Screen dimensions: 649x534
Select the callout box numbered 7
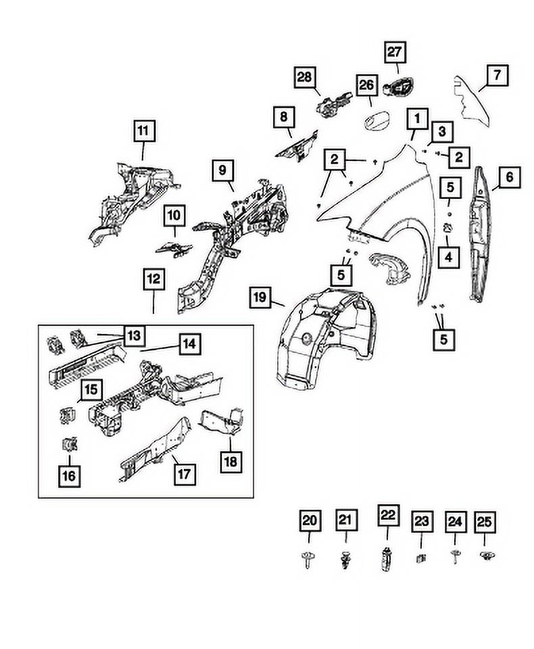click(x=497, y=76)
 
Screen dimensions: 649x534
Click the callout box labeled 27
click(x=394, y=51)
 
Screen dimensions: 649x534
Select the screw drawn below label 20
click(x=309, y=560)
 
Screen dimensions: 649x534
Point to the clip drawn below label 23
click(x=420, y=558)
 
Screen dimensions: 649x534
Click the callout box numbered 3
click(x=440, y=130)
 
